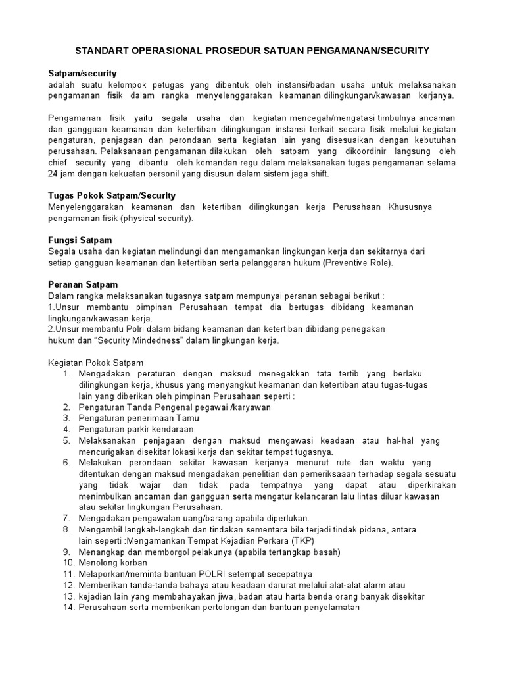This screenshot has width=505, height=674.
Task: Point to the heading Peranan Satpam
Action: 84,284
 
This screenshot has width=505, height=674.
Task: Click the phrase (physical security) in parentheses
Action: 156,219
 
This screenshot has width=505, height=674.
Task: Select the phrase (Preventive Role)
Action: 356,263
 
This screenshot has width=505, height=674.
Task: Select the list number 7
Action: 66,518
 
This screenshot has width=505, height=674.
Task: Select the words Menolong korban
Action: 114,563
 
